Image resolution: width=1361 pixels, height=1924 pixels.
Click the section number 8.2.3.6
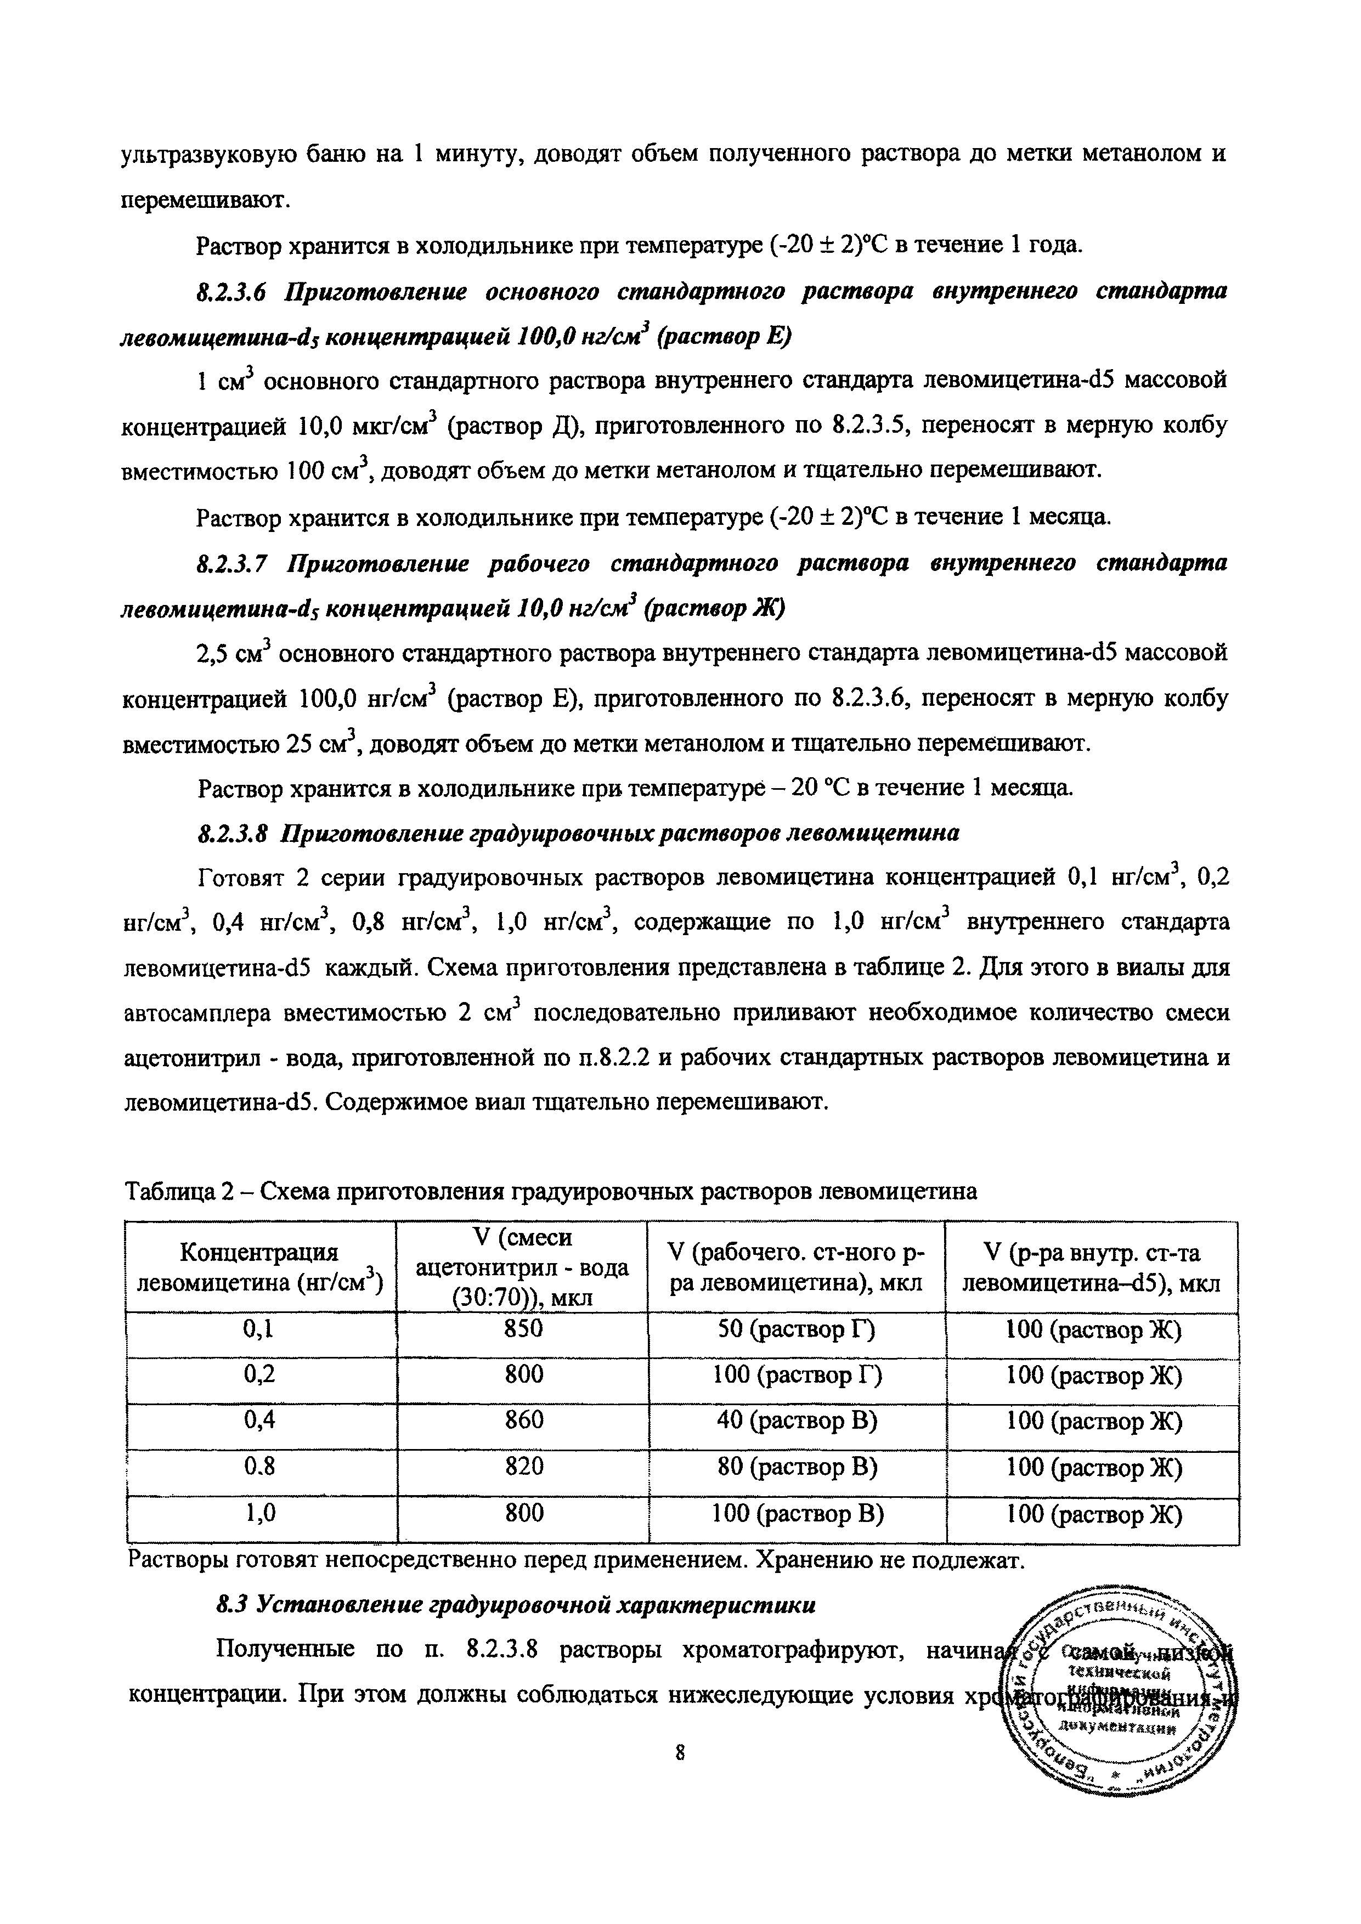pyautogui.click(x=230, y=292)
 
